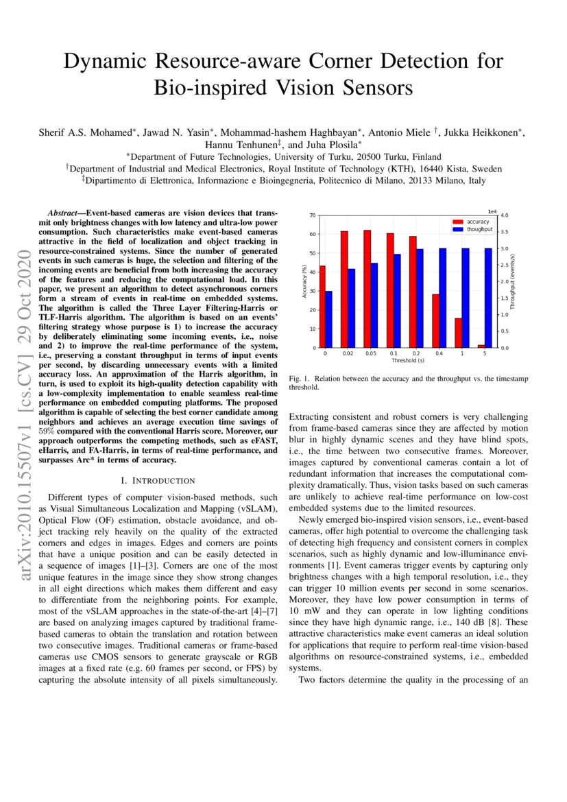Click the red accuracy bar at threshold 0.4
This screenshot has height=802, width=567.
(435, 320)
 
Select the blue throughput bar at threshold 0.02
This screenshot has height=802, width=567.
(352, 308)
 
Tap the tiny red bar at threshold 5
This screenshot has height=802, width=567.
(481, 346)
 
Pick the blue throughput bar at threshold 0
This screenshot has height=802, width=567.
(328, 320)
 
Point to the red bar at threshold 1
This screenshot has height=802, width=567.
(458, 333)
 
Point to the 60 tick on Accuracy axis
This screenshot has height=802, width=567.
(313, 235)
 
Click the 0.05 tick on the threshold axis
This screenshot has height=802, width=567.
(370, 353)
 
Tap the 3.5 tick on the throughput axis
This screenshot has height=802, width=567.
(504, 232)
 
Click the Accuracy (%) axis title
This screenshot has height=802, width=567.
(303, 282)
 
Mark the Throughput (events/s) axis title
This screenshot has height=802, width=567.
(514, 282)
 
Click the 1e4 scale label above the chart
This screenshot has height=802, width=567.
(491, 212)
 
